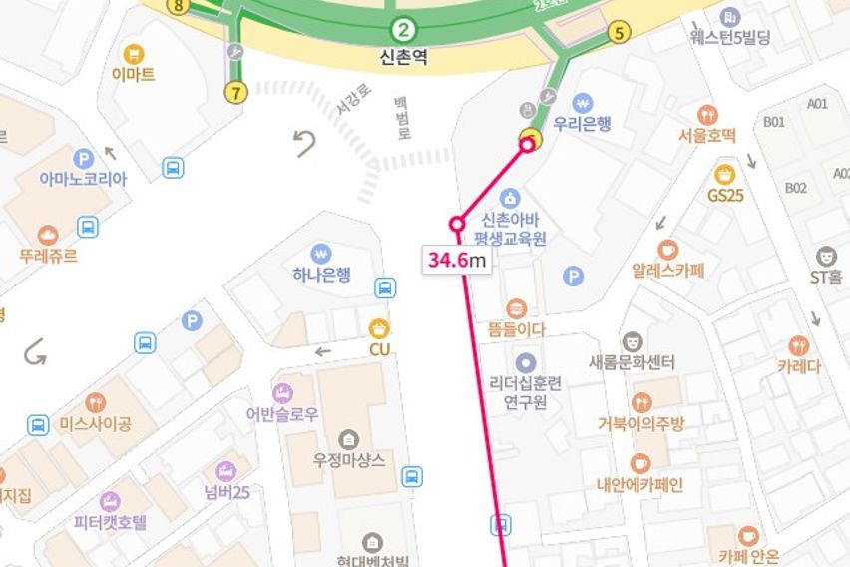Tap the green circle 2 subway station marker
click(403, 29)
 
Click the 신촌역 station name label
click(403, 57)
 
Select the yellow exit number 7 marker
click(235, 93)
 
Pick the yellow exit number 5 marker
click(619, 32)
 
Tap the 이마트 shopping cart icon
click(133, 53)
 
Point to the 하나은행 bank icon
click(320, 253)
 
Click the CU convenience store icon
click(379, 328)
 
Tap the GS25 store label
click(725, 195)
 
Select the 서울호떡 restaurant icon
click(707, 115)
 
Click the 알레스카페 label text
click(667, 270)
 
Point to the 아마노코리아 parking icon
click(84, 158)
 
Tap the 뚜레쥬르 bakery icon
click(47, 236)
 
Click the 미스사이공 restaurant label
click(95, 424)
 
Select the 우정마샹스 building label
click(349, 459)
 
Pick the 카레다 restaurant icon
click(798, 345)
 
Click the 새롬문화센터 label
click(632, 362)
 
